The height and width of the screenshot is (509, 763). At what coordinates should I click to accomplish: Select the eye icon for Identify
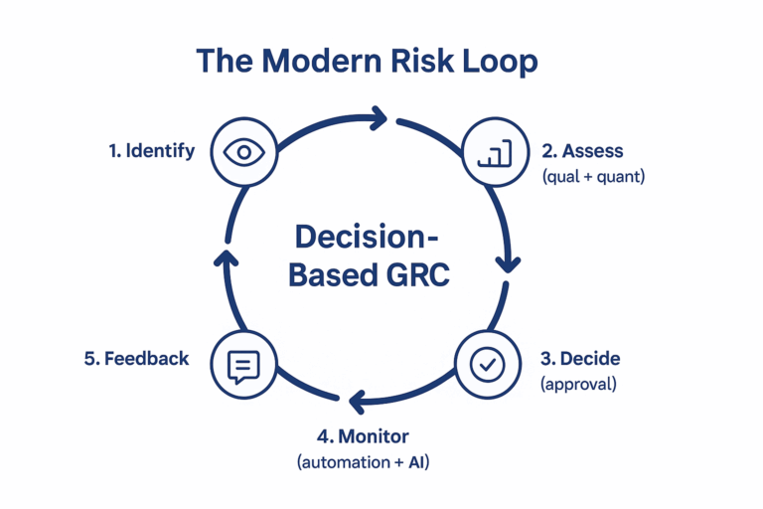click(x=242, y=152)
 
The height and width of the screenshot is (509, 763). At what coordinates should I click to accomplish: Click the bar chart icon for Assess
click(x=494, y=152)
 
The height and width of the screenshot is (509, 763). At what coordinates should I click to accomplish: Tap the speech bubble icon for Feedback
click(x=242, y=365)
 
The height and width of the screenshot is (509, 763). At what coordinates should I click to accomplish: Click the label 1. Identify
click(x=151, y=152)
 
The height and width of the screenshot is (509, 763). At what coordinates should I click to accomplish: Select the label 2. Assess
click(x=582, y=151)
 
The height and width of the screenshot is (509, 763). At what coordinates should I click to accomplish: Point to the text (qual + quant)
click(x=593, y=177)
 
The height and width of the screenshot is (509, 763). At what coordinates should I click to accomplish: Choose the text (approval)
click(x=578, y=384)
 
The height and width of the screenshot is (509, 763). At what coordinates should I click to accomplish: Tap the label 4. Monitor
click(x=363, y=436)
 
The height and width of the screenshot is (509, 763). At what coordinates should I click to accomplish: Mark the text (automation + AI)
click(x=363, y=462)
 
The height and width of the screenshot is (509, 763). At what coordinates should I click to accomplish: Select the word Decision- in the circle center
click(x=368, y=239)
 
